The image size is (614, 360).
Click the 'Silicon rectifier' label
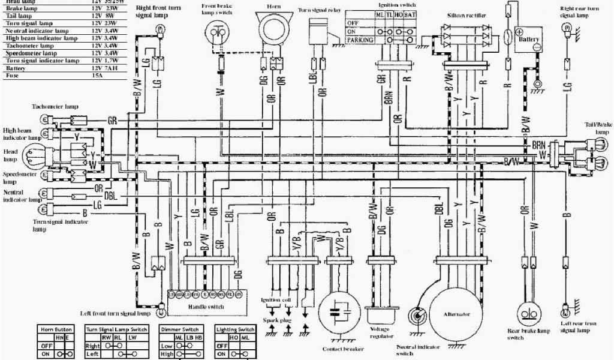pyautogui.click(x=466, y=13)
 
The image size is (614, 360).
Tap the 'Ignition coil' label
pyautogui.click(x=275, y=300)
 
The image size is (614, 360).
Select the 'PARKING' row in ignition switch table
pyautogui.click(x=360, y=40)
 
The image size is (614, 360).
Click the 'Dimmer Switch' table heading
pyautogui.click(x=179, y=329)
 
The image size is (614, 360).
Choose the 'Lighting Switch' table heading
pyautogui.click(x=235, y=329)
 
